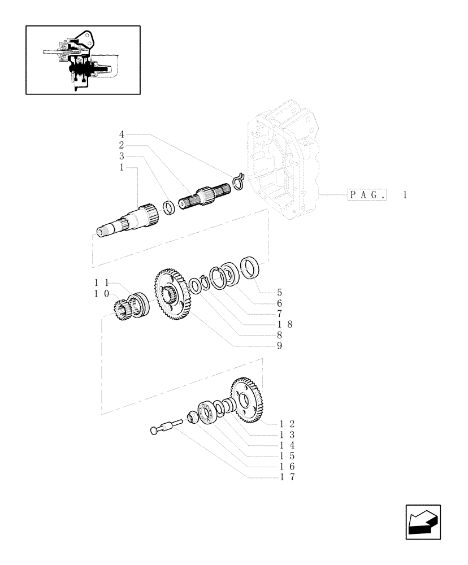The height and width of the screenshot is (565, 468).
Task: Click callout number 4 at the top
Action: coord(122,134)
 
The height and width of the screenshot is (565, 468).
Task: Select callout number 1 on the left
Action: coord(122,168)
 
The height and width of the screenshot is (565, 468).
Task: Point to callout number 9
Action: coord(279,345)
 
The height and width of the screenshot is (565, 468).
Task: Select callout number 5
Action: coord(279,293)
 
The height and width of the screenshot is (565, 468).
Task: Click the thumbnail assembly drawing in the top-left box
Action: coord(83,59)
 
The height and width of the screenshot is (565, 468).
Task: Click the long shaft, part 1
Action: coord(127,222)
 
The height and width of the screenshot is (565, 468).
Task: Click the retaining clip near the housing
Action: coord(236,181)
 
